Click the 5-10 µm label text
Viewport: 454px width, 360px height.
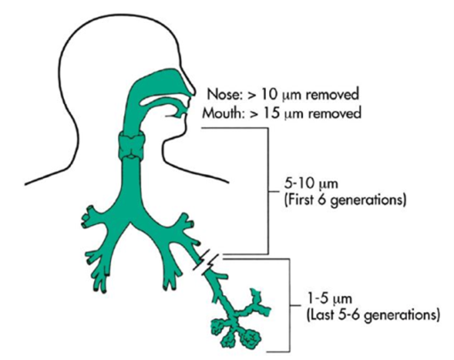coord(311,184)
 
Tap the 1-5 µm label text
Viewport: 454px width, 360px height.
coord(330,298)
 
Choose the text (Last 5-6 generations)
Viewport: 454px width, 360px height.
coord(372,315)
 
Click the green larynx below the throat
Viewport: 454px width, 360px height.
coord(131,145)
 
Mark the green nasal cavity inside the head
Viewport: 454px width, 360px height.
coord(160,83)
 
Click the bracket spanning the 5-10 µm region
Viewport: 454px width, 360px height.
coord(268,191)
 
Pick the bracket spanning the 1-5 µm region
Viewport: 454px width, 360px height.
coord(290,305)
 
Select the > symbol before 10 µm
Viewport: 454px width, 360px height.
coord(251,95)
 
